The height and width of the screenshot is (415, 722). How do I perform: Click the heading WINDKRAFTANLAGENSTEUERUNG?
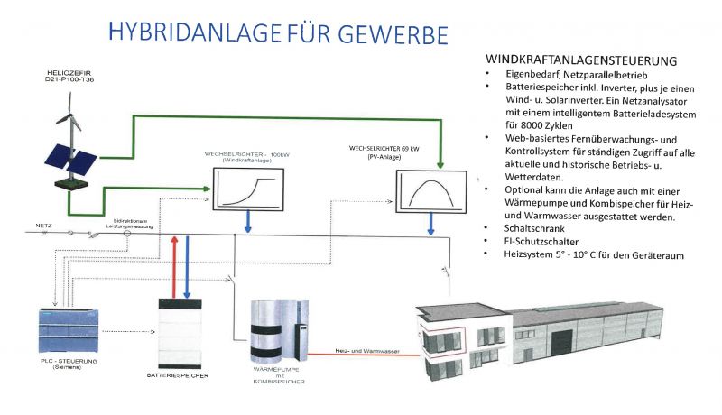click(x=580, y=60)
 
